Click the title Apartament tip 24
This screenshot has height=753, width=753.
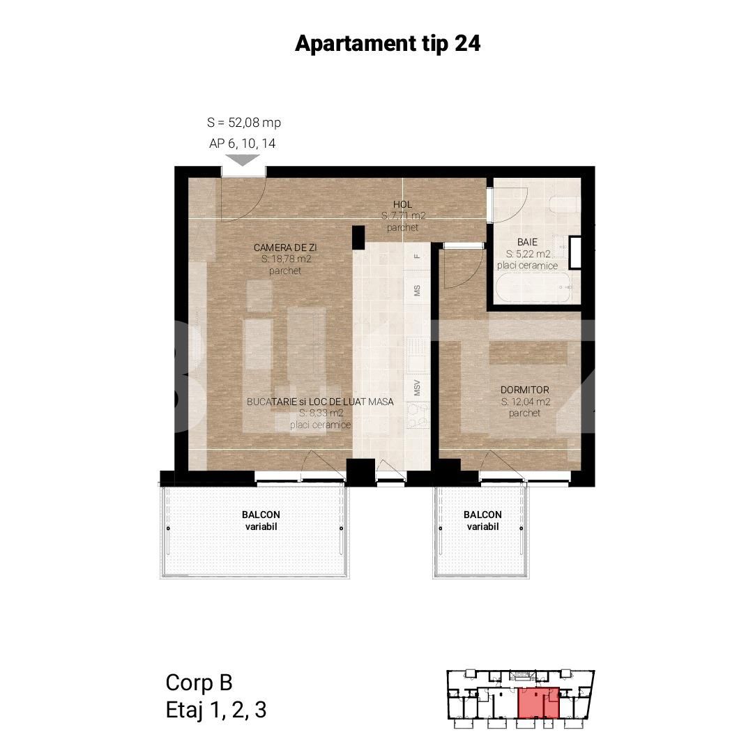(388, 43)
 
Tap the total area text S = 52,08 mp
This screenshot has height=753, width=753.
(244, 123)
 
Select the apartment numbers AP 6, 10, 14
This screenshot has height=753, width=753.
(243, 144)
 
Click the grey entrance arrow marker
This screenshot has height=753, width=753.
(243, 160)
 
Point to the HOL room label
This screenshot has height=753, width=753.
(402, 205)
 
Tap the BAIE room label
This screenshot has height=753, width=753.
(527, 243)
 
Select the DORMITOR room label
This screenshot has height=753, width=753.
(525, 390)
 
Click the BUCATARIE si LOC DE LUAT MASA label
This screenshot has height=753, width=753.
(320, 402)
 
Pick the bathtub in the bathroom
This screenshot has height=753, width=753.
(534, 287)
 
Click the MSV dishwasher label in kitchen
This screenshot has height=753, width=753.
(417, 388)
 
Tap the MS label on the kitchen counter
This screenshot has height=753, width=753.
(417, 291)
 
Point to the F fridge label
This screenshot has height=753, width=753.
(417, 256)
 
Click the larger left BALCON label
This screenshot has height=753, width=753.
(261, 515)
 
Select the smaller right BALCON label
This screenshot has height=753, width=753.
(482, 515)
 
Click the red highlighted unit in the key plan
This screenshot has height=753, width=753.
(538, 703)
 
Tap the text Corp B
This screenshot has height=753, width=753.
(199, 682)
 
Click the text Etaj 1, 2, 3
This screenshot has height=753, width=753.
(216, 710)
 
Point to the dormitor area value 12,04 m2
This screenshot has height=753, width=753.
(526, 402)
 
